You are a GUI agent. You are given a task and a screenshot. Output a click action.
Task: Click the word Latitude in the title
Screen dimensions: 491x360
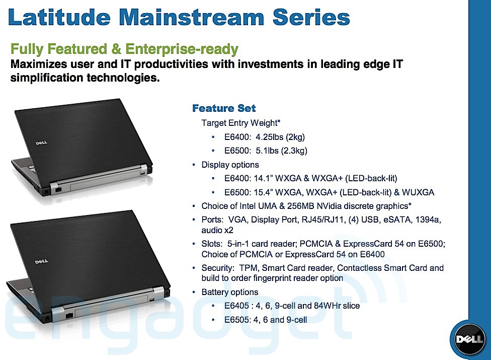tap(59, 17)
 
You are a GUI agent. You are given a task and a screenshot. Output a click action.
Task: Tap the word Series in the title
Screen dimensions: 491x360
tap(311, 17)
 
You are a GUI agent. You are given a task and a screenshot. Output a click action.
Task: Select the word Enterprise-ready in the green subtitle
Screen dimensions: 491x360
tap(182, 49)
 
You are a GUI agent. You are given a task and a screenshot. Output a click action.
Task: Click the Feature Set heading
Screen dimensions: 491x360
tap(224, 108)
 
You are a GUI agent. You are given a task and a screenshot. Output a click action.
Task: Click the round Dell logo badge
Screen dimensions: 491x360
tap(469, 339)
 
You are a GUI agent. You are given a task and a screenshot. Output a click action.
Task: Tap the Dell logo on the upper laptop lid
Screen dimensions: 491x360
tap(41, 143)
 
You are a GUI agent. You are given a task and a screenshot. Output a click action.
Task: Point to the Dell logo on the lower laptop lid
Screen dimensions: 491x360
tap(41, 261)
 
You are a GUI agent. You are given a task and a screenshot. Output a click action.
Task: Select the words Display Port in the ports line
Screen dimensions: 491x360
tap(274, 220)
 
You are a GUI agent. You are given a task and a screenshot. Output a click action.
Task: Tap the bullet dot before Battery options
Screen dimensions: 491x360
tap(194, 292)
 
